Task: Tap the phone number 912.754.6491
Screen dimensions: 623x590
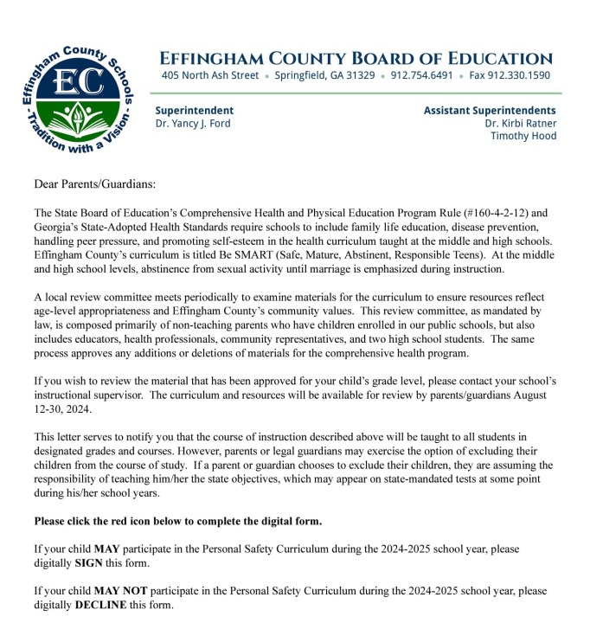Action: (421, 75)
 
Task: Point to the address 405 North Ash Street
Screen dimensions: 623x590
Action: (210, 75)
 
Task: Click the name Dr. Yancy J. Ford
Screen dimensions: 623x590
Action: (193, 124)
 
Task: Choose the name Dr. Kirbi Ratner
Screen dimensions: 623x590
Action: (521, 124)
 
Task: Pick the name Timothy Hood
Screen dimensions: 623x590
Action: (523, 136)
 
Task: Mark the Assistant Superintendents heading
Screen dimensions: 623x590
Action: (490, 111)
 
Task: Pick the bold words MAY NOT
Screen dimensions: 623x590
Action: (121, 591)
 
